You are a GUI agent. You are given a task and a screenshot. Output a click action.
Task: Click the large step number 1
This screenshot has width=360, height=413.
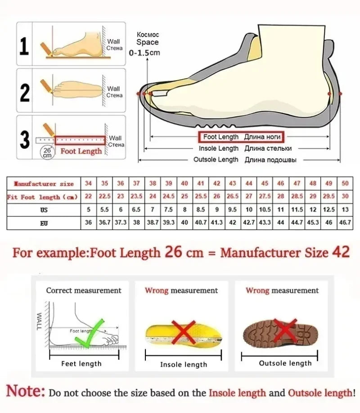point(24,46)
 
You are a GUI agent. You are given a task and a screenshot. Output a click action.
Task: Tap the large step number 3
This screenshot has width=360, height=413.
point(25,139)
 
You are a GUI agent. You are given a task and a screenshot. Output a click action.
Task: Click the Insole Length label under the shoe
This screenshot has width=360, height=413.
point(219,148)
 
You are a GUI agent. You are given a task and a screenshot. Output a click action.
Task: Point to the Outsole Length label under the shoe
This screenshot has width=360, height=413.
point(216,159)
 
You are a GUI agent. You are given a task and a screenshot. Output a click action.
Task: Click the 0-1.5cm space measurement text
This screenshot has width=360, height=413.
point(144,53)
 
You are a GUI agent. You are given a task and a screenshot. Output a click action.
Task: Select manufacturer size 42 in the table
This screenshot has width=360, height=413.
point(216,184)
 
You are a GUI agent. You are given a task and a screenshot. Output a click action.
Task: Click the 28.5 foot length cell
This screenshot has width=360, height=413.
point(297,197)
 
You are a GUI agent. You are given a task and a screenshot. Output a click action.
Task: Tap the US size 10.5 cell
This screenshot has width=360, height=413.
point(265,210)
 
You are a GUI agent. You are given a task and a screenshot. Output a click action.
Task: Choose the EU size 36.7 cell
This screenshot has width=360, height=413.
point(104,222)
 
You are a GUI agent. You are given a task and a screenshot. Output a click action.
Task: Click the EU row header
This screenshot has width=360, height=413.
point(43,222)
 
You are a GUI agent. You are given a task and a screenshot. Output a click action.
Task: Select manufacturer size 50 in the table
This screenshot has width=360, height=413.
point(345,184)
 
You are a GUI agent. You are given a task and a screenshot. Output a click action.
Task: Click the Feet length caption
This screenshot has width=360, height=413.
point(81,364)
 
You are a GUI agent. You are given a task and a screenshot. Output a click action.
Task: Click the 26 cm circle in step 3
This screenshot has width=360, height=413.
point(47,152)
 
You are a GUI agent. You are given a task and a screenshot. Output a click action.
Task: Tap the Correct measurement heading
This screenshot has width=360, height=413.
point(84,291)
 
